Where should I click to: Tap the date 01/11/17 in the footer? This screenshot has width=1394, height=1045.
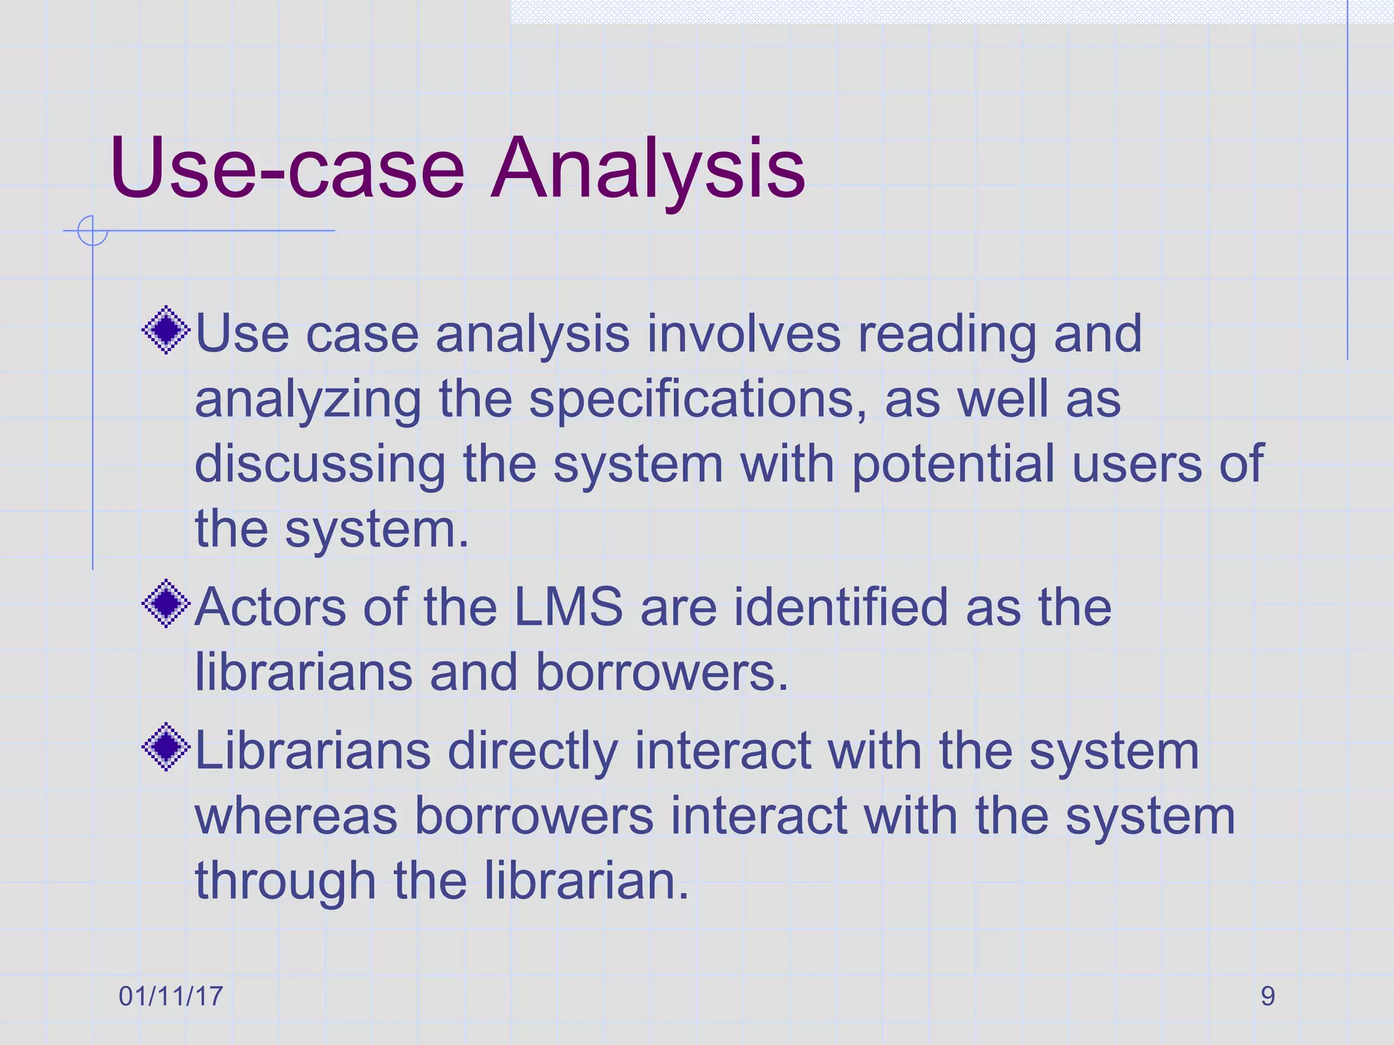[x=171, y=996]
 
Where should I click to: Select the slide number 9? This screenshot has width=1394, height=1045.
[x=1267, y=996]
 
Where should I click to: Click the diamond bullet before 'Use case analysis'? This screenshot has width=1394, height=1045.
[x=166, y=331]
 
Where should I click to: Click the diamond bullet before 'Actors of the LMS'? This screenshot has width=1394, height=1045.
[x=166, y=603]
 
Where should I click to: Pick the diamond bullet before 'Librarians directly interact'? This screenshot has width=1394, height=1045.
[x=166, y=748]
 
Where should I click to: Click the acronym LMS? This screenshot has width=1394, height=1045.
[x=568, y=606]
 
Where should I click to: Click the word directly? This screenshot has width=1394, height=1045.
[x=532, y=752]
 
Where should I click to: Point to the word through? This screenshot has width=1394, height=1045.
[x=285, y=882]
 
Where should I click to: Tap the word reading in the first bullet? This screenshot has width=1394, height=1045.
[x=946, y=335]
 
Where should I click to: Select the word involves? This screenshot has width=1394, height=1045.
[x=743, y=334]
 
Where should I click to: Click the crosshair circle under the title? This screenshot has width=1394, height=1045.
[x=93, y=231]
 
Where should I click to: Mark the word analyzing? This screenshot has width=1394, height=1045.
[x=308, y=400]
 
